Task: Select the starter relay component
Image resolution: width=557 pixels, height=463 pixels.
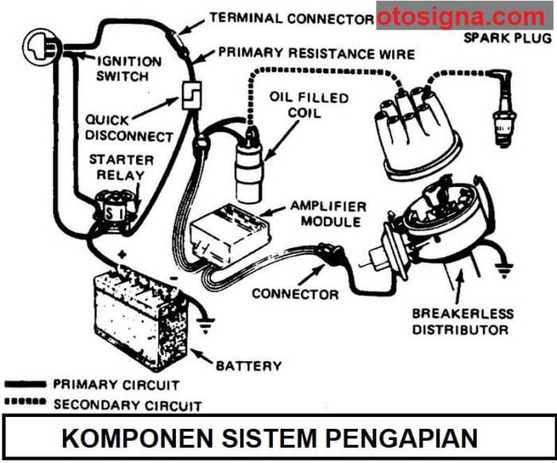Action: pyautogui.click(x=114, y=210)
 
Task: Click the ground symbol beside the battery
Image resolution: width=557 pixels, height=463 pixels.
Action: pyautogui.click(x=208, y=324)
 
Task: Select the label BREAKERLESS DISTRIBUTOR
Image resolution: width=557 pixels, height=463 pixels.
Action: pyautogui.click(x=462, y=321)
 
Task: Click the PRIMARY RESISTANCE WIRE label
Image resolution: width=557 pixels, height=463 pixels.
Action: pyautogui.click(x=316, y=54)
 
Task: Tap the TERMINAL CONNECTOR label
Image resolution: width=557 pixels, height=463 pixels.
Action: pyautogui.click(x=291, y=18)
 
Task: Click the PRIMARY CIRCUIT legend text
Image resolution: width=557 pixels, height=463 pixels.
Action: pyautogui.click(x=116, y=384)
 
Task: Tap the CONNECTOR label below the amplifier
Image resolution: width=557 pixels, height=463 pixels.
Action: pyautogui.click(x=295, y=294)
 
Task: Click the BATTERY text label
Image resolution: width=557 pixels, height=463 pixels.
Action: pyautogui.click(x=248, y=365)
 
